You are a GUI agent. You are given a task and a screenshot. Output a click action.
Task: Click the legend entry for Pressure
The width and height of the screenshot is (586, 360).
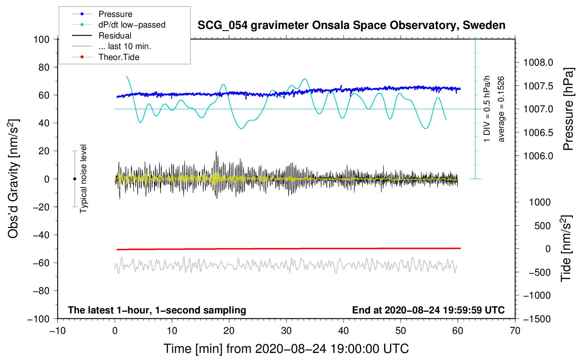pyautogui.click(x=115, y=14)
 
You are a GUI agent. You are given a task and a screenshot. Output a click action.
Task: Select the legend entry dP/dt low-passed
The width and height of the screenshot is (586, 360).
pyautogui.click(x=132, y=25)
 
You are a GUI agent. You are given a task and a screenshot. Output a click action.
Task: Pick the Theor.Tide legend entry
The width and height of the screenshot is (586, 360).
pyautogui.click(x=119, y=57)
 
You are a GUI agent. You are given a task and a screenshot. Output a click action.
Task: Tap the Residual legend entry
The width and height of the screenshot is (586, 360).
pyautogui.click(x=115, y=36)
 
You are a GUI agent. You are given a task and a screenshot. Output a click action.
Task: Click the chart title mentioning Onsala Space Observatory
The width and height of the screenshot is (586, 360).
pyautogui.click(x=351, y=25)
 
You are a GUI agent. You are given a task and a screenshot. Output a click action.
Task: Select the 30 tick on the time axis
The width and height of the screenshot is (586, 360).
pyautogui.click(x=286, y=331)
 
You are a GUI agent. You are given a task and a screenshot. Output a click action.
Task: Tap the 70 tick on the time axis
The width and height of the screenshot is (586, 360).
pyautogui.click(x=515, y=331)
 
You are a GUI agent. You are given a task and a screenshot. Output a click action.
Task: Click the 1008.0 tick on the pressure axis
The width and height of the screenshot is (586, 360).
pyautogui.click(x=538, y=63)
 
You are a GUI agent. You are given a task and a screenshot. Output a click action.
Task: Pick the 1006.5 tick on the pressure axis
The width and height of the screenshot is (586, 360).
pyautogui.click(x=538, y=133)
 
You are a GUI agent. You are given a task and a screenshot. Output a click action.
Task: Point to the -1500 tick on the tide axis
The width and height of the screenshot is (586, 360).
pyautogui.click(x=537, y=319)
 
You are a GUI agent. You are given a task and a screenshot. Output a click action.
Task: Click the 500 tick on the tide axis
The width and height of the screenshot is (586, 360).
pyautogui.click(x=543, y=226)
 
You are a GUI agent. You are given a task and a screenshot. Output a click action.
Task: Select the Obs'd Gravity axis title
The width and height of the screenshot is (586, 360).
pyautogui.click(x=13, y=179)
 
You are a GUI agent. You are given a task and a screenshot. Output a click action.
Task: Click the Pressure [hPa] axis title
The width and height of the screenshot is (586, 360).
pyautogui.click(x=568, y=109)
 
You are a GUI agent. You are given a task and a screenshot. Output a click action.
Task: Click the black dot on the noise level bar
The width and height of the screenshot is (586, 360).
pyautogui.click(x=74, y=179)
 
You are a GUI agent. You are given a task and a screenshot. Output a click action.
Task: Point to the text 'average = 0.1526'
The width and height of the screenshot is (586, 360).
pyautogui.click(x=501, y=109)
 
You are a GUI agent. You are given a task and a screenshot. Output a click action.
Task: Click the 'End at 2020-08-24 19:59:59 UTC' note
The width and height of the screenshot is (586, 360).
pyautogui.click(x=428, y=310)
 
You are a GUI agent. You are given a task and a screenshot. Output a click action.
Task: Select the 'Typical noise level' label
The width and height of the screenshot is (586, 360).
pyautogui.click(x=83, y=179)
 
